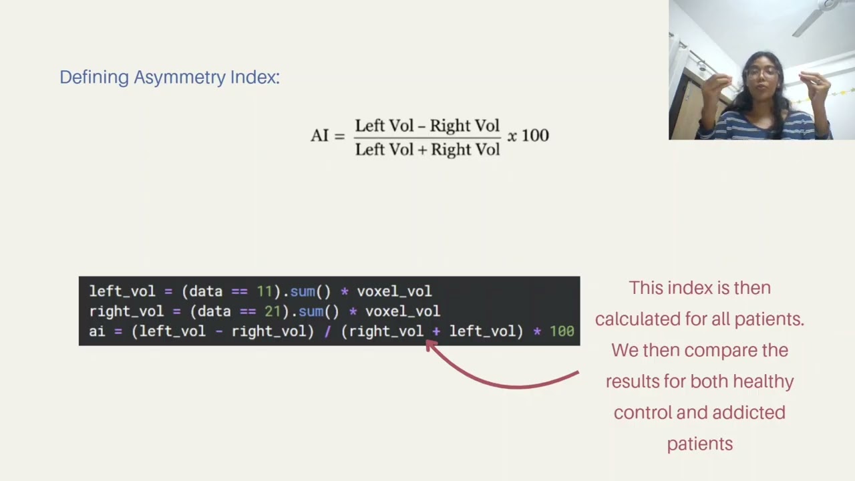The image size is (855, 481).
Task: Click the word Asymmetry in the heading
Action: tap(180, 77)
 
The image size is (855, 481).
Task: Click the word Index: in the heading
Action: tap(255, 77)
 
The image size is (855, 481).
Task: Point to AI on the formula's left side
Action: tap(319, 136)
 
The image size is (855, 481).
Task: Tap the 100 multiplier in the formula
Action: tap(535, 136)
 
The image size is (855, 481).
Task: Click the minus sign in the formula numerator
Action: tap(421, 126)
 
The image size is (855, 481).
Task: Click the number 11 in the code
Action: tap(264, 291)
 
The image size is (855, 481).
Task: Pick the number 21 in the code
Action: tap(273, 311)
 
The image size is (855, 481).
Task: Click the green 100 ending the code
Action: tap(562, 331)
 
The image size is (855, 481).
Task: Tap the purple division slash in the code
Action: tap(327, 331)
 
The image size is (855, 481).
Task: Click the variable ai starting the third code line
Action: tap(97, 331)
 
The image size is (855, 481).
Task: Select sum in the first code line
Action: tap(303, 291)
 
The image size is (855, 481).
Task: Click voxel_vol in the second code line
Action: tap(403, 311)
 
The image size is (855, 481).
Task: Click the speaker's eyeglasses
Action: tap(761, 73)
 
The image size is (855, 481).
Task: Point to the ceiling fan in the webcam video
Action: tap(821, 15)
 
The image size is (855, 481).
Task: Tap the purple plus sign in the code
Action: tap(436, 331)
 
